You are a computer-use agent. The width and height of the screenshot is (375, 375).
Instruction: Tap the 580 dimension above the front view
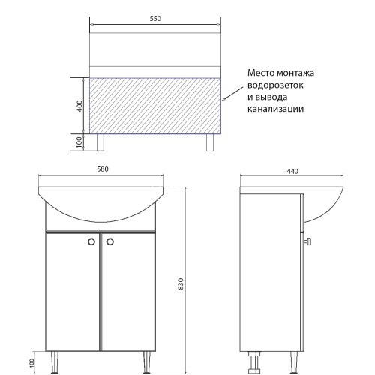(103, 169)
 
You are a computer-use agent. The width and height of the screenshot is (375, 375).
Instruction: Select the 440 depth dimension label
(292, 172)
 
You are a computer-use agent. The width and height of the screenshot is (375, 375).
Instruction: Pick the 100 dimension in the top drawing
(79, 142)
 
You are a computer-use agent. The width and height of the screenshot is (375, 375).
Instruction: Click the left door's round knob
(91, 241)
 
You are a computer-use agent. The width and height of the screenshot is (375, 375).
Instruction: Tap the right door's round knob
(109, 241)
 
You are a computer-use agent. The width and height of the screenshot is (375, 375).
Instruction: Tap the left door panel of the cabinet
(73, 292)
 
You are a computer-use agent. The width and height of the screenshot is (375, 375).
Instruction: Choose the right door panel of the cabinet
(128, 292)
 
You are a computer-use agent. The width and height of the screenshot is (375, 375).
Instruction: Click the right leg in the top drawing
(207, 142)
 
